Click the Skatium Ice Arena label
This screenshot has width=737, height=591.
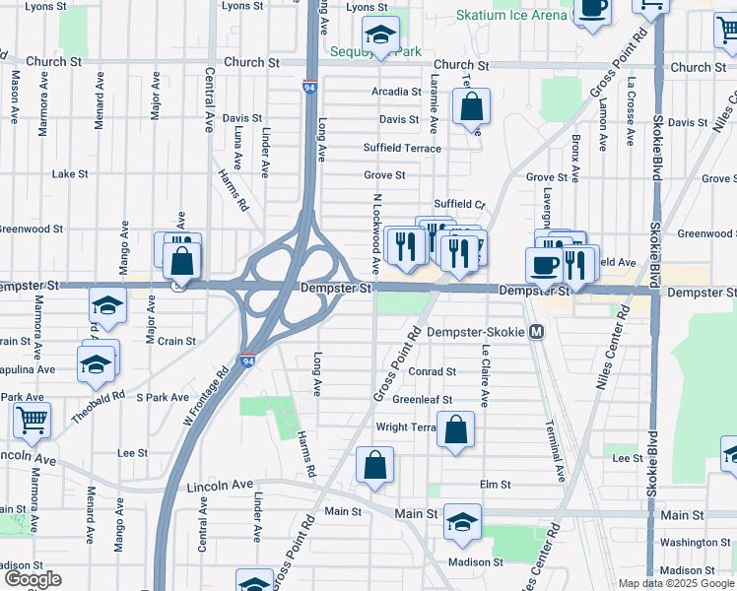click(x=511, y=15)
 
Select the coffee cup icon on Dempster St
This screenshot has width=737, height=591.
click(x=544, y=264)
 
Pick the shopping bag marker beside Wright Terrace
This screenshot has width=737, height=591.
click(x=455, y=429)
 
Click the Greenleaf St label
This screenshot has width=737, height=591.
click(x=422, y=400)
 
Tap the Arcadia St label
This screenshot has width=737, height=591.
click(x=397, y=92)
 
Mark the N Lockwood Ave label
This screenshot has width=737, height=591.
click(x=375, y=233)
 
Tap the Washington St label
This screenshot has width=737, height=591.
click(x=695, y=543)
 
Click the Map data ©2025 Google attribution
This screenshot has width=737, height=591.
click(x=675, y=583)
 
